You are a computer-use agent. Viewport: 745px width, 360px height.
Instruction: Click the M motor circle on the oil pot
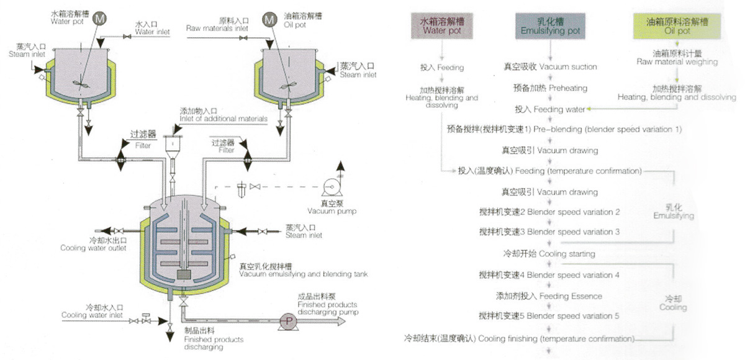(x=269, y=20)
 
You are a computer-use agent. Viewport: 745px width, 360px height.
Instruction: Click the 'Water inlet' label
(x=153, y=32)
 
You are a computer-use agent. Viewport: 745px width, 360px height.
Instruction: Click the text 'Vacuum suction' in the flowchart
(x=567, y=67)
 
